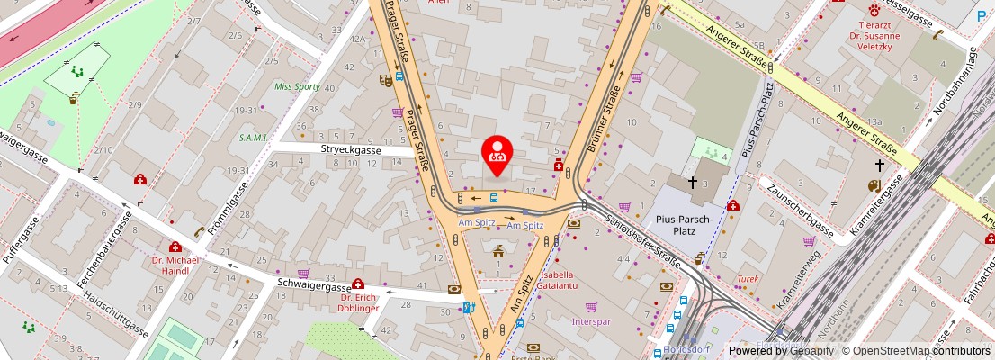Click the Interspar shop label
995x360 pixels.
click(x=591, y=320)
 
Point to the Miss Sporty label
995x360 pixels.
click(x=297, y=87)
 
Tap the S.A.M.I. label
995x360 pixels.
click(x=253, y=138)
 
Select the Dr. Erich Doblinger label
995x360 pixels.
click(x=359, y=302)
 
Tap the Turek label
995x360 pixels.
click(x=748, y=279)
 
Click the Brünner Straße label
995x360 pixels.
click(x=605, y=118)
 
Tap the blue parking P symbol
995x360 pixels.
click(x=983, y=15)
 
